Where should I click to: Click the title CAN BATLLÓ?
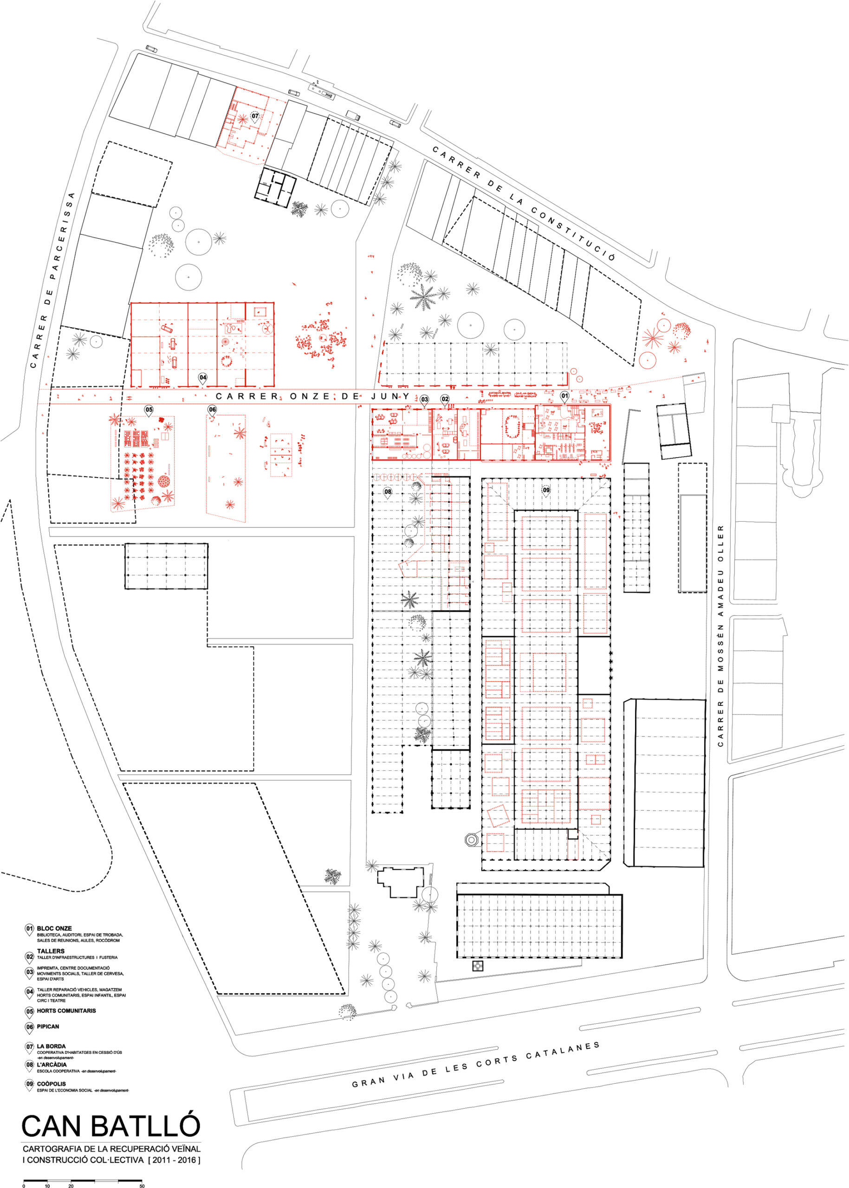click(111, 1126)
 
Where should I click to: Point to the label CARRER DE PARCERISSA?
click(53, 280)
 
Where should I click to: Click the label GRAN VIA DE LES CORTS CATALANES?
click(475, 1064)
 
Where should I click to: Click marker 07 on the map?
click(254, 116)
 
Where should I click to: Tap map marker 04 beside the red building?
click(202, 377)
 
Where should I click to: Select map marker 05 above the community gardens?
click(149, 410)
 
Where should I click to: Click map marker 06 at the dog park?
click(212, 410)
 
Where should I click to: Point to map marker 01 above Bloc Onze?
click(564, 396)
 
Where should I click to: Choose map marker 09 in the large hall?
click(546, 490)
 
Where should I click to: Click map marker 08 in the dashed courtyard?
click(388, 492)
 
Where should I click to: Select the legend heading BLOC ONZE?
click(54, 928)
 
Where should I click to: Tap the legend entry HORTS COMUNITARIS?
click(66, 1010)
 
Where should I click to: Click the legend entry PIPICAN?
click(48, 1026)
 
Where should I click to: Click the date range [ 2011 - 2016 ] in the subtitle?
click(174, 1159)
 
